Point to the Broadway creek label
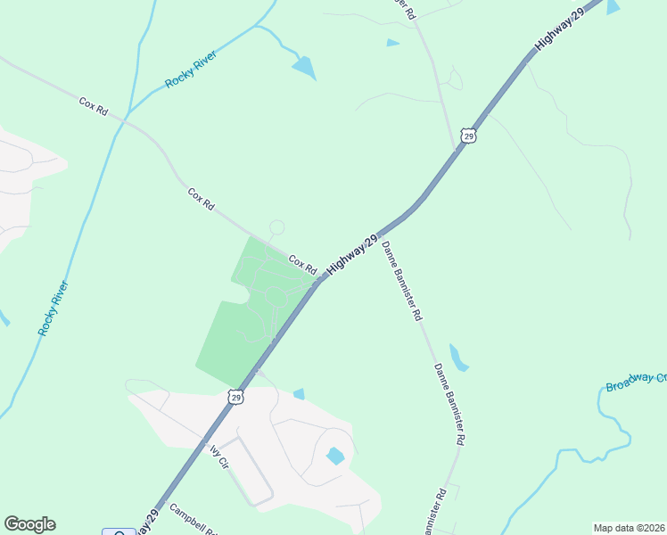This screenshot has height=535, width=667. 635,383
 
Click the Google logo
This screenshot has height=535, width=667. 29,524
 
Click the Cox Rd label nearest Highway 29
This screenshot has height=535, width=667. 303,265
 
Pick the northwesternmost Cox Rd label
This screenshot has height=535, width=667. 93,106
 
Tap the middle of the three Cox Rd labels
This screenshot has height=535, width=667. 202,198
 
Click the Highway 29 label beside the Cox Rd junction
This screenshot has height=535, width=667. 347,254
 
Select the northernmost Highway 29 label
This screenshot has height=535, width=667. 558,30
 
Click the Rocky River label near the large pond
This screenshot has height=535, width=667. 191,70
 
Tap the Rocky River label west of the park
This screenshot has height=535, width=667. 54,308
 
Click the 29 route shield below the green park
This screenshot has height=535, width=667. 235,397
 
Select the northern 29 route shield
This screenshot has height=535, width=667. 469,136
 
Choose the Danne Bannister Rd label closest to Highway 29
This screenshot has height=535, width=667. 402,280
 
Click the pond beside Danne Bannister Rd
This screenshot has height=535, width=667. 457,358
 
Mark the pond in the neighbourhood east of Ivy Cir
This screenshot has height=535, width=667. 335,457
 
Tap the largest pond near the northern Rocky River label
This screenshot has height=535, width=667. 304,67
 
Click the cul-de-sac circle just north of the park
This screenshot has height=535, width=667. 276,228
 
